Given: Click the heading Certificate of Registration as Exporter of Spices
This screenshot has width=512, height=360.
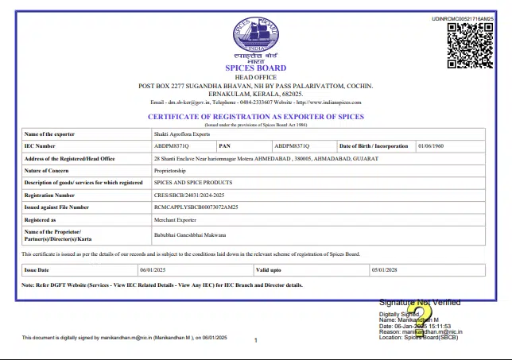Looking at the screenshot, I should point(255,117).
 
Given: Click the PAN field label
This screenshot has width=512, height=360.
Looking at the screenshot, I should point(224,146).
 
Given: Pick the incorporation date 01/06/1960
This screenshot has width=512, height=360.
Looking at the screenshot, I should point(432,146).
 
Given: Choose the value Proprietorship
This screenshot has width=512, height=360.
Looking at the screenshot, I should point(169,170).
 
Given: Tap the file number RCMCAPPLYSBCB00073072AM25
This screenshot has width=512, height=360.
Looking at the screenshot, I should point(196,207).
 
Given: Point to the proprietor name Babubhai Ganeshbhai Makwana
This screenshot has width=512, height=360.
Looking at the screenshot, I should point(190,234).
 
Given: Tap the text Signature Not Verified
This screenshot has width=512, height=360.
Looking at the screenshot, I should point(420,303).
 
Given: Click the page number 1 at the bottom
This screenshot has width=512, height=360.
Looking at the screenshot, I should point(256,340).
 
